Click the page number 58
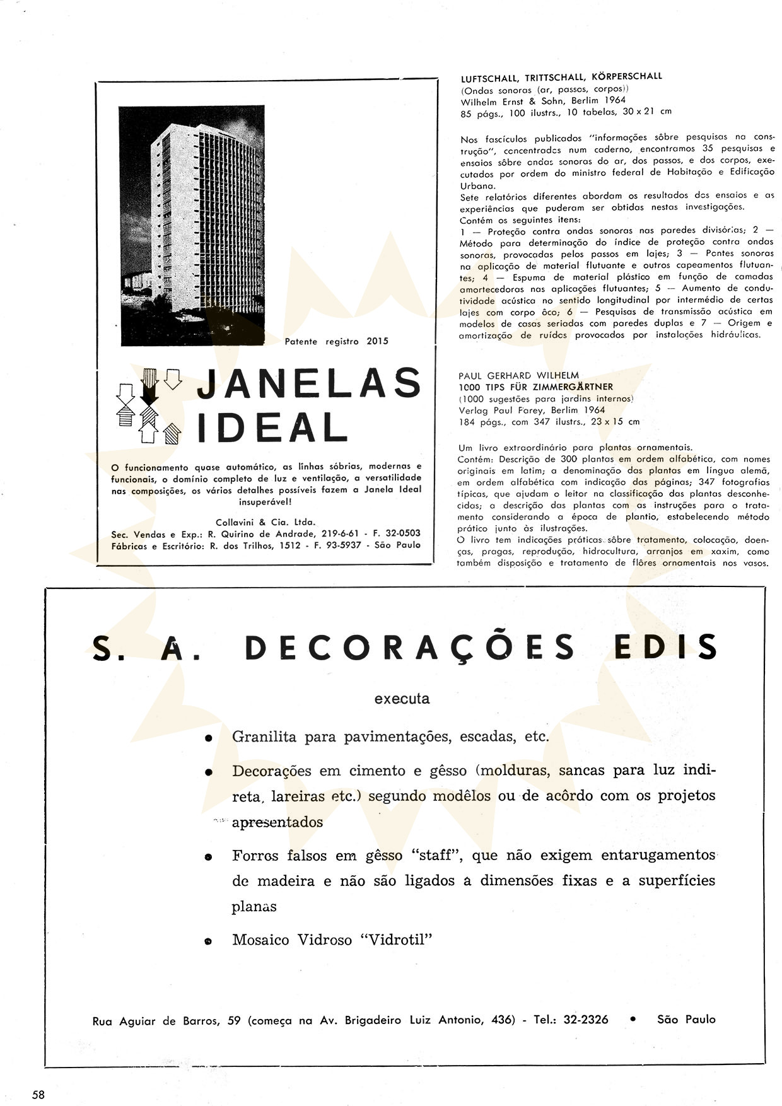(x=38, y=1095)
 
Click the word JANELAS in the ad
(x=309, y=383)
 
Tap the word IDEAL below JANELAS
(x=273, y=428)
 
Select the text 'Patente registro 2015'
(x=336, y=341)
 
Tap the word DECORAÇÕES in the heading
(x=410, y=648)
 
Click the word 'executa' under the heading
(x=402, y=699)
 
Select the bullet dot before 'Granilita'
(x=208, y=738)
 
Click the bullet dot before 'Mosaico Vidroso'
(x=208, y=941)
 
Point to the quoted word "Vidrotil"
(x=396, y=940)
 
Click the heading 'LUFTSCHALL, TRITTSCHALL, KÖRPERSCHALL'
(x=561, y=77)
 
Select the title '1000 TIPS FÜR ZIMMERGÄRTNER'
(x=536, y=387)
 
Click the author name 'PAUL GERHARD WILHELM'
(x=520, y=376)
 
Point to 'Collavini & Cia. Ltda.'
(x=266, y=522)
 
